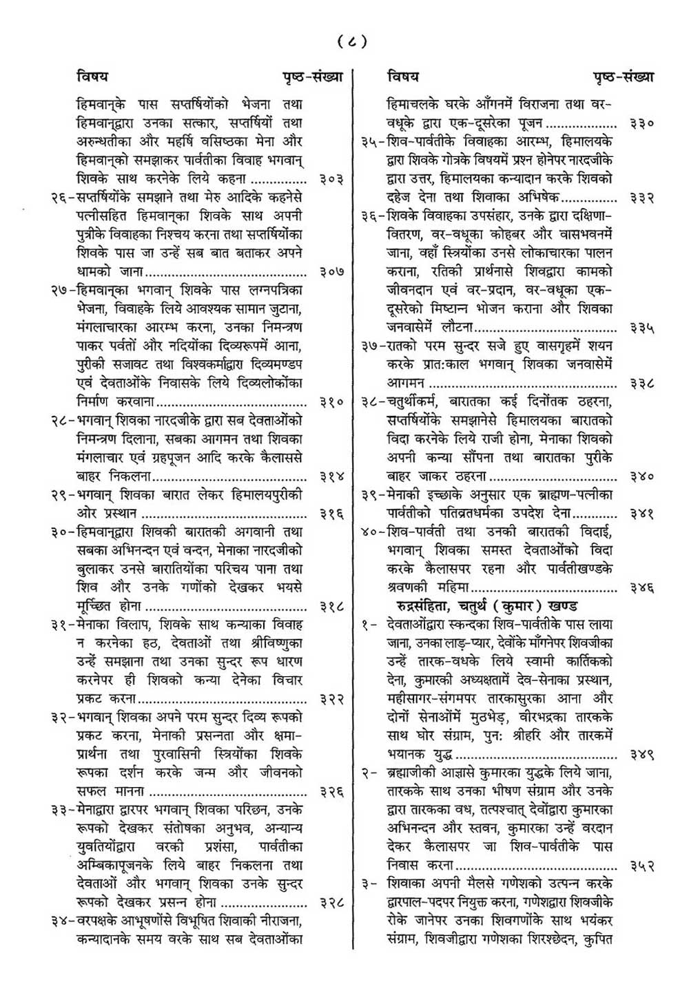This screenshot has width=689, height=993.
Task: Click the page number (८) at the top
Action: [352, 42]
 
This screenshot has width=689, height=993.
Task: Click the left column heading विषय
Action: [92, 76]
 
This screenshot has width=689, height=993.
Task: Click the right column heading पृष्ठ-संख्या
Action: [624, 76]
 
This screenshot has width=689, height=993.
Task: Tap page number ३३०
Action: [641, 125]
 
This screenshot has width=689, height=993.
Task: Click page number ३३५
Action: [641, 328]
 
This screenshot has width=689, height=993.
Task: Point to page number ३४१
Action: [641, 514]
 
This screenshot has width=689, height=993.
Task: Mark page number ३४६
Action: [641, 588]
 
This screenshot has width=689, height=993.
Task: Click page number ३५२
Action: [641, 865]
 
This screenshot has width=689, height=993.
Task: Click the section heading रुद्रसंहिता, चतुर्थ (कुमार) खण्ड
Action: [484, 606]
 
